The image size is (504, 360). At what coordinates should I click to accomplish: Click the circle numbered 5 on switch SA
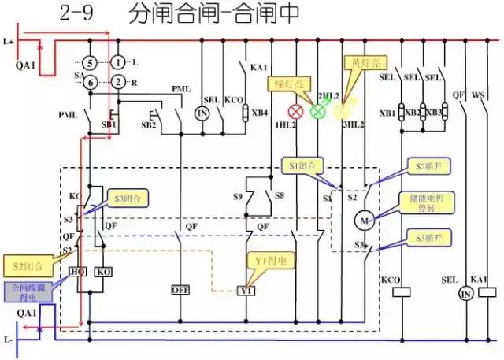(x=91, y=62)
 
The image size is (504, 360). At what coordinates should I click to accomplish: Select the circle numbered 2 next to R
(x=118, y=81)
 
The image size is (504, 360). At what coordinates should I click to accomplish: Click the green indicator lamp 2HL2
(x=319, y=111)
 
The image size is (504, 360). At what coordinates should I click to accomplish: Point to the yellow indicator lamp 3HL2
(x=342, y=111)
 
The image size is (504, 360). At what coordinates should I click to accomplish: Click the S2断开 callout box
(x=432, y=167)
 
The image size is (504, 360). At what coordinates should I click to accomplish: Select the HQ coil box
(x=79, y=272)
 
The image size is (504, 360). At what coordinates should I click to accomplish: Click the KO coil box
(x=103, y=272)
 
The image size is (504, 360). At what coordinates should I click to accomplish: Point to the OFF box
(x=180, y=290)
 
